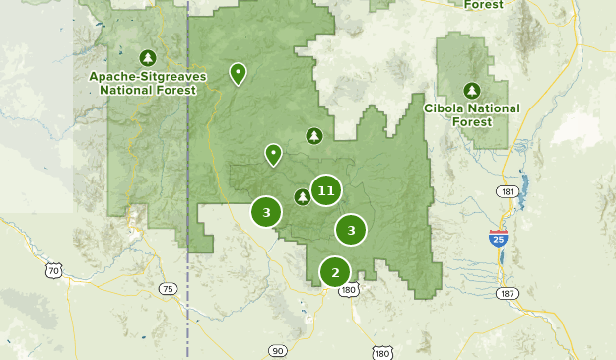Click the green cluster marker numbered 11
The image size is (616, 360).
[x=326, y=190]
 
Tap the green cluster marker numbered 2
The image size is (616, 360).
[x=335, y=272]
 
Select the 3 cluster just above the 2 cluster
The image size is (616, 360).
[x=351, y=230]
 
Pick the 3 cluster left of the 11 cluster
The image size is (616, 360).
[x=266, y=212]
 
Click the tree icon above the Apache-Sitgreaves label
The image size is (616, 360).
[x=148, y=58]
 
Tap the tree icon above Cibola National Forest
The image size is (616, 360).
[x=471, y=90]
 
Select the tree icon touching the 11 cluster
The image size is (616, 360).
[x=303, y=196]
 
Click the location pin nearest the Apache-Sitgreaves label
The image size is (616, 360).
[x=238, y=73]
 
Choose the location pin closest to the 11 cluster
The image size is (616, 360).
[x=273, y=154]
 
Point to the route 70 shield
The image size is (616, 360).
[x=53, y=270]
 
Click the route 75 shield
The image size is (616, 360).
[x=168, y=289]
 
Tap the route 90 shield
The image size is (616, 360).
[x=277, y=351]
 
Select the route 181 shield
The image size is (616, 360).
[x=508, y=191]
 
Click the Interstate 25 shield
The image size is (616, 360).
[x=499, y=238]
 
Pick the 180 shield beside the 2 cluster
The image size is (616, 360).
[x=350, y=290]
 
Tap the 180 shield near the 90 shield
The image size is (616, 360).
[x=382, y=352]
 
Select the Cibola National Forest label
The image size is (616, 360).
[x=471, y=114]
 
